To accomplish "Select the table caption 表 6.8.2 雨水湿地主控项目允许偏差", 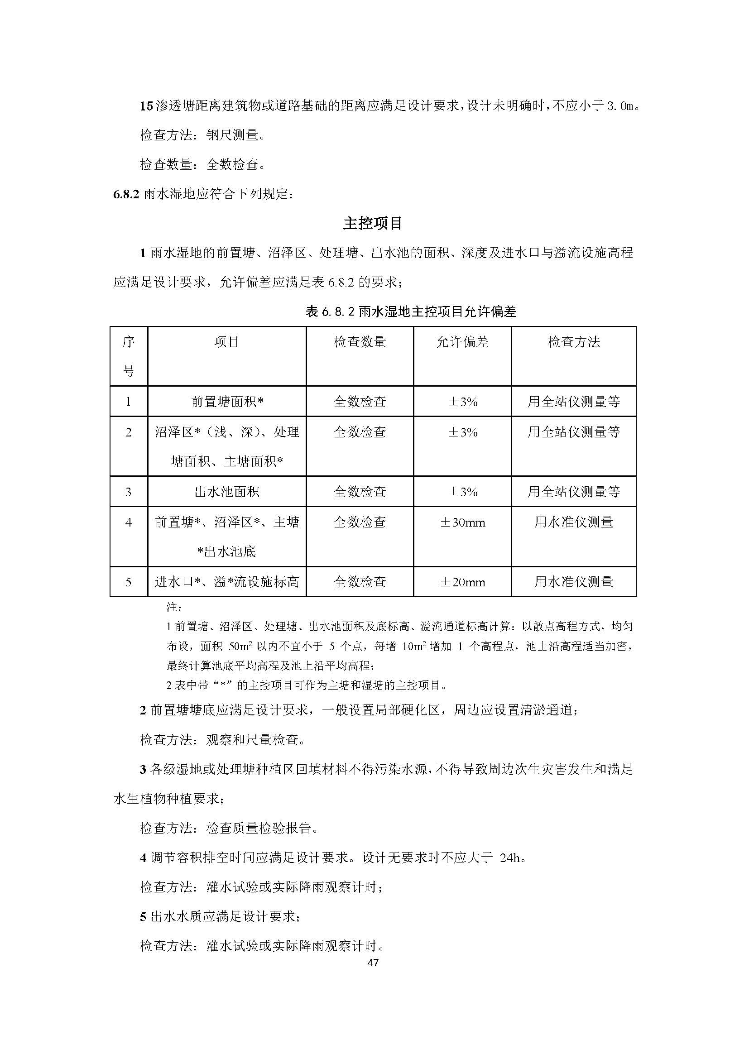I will click(x=410, y=312).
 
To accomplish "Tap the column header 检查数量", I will click(x=359, y=342).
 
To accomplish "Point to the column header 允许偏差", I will click(x=462, y=342).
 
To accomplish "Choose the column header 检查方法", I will click(x=573, y=342).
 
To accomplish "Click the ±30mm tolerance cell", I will click(x=463, y=522).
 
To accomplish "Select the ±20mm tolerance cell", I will click(x=463, y=582).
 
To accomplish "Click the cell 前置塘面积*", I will click(x=227, y=402).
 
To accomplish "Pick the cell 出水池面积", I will click(x=227, y=492).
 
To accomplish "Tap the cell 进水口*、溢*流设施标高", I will click(x=227, y=582).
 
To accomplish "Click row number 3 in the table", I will click(x=128, y=492).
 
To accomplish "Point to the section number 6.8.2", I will click(x=126, y=194).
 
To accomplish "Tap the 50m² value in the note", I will click(x=240, y=647).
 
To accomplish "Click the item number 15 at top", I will click(x=146, y=106).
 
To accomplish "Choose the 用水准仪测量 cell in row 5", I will click(x=573, y=582).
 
